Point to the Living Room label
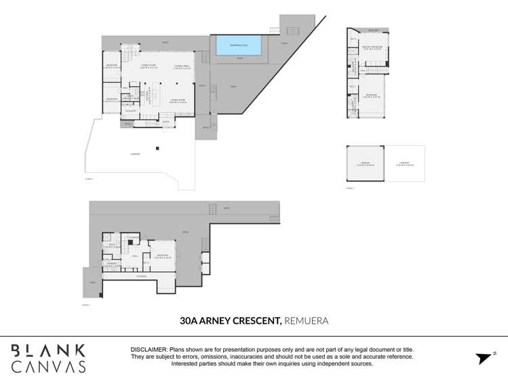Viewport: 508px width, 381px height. tap(177, 102)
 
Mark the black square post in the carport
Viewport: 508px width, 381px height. tap(157, 148)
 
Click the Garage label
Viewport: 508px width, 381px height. tap(365, 163)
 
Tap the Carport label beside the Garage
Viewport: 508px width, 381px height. tap(404, 163)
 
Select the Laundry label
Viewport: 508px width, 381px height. tap(113, 264)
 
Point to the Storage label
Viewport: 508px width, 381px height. tap(141, 276)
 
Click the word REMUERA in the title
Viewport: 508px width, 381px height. tap(306, 320)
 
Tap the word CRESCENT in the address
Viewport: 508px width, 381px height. tap(257, 320)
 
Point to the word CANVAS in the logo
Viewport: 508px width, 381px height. tap(48, 367)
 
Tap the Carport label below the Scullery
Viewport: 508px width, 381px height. tap(135, 155)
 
